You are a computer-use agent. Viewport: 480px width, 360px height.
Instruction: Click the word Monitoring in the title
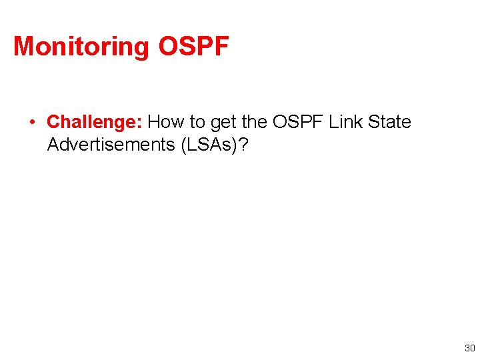(x=82, y=47)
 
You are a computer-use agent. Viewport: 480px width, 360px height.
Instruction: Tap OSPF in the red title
(x=193, y=47)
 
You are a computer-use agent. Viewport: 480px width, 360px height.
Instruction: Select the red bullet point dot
(x=31, y=122)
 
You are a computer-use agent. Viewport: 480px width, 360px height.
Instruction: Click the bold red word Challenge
(x=91, y=123)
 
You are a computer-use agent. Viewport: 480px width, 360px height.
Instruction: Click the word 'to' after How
(x=197, y=123)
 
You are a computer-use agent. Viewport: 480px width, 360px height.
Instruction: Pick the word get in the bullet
(x=223, y=123)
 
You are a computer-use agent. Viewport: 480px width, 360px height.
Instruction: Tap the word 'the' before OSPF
(x=254, y=123)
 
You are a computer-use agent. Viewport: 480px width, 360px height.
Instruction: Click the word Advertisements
(x=111, y=145)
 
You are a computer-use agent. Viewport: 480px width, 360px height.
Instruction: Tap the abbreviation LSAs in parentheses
(x=208, y=145)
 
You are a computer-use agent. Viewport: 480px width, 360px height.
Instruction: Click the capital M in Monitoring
(x=24, y=47)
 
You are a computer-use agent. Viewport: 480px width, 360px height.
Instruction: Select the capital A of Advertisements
(x=53, y=145)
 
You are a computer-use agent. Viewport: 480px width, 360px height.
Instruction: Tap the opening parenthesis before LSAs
(x=182, y=145)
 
